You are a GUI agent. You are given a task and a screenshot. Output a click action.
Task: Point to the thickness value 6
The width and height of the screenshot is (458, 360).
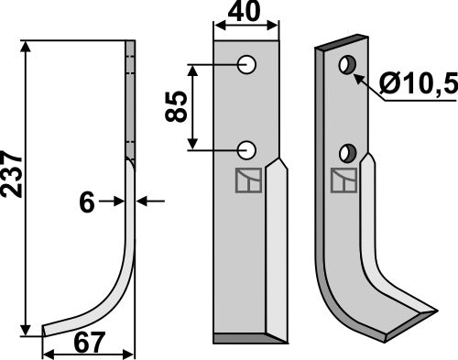pyautogui.click(x=87, y=203)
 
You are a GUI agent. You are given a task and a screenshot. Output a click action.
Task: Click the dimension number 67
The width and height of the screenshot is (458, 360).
pyautogui.click(x=90, y=346)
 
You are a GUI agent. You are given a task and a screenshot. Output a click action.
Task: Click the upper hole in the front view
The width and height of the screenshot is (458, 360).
pyautogui.click(x=246, y=64)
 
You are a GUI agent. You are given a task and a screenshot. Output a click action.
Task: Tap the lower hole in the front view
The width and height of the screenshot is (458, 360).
pyautogui.click(x=246, y=149)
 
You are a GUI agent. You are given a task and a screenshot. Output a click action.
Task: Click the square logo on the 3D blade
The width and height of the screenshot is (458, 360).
pyautogui.click(x=343, y=182)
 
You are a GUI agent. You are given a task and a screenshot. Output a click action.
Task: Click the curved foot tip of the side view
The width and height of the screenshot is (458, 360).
pyautogui.click(x=46, y=330)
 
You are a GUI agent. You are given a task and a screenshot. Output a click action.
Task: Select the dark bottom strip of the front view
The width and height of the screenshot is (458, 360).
pyautogui.click(x=245, y=338)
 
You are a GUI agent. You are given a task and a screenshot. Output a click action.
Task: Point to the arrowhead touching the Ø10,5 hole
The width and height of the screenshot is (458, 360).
pyautogui.click(x=358, y=76)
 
